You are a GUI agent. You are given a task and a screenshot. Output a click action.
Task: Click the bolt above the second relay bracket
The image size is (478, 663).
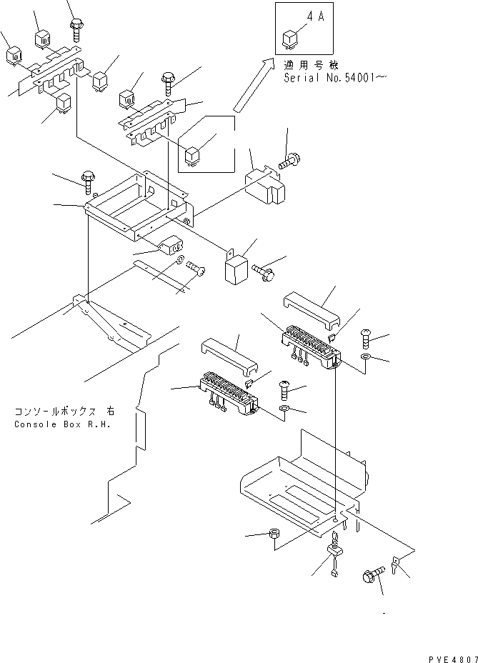point(169,81)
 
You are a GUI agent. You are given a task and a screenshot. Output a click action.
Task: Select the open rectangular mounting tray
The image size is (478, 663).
point(139,207)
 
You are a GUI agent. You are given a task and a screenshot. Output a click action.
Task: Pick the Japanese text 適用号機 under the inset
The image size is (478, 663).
point(302,64)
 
